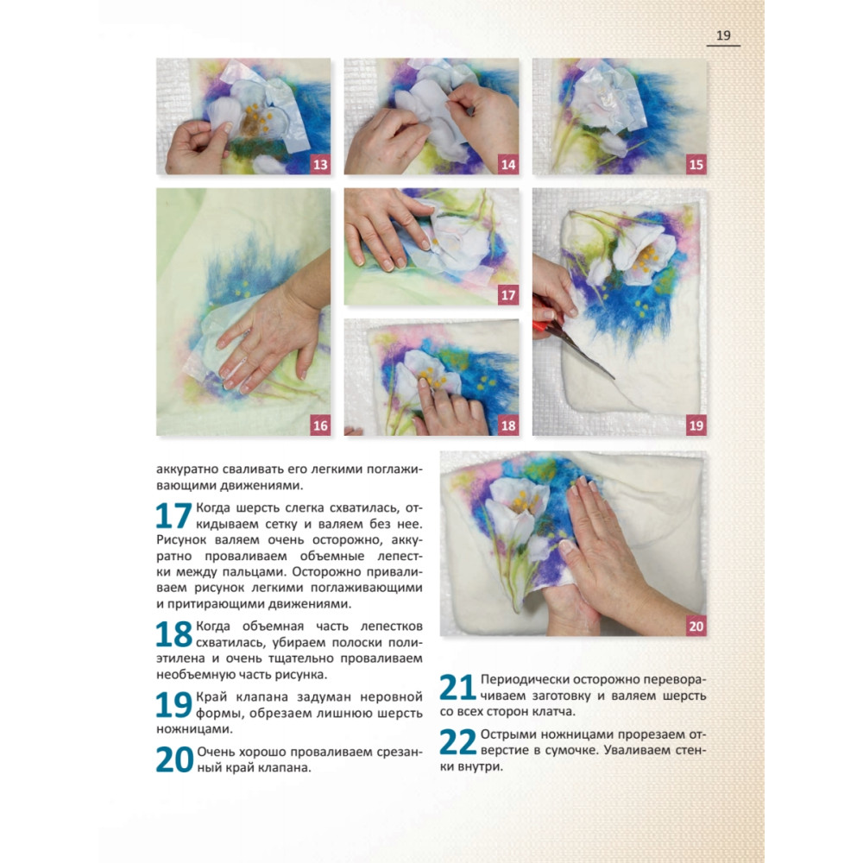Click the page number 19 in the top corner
pyautogui.click(x=723, y=35)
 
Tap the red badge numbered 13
pyautogui.click(x=320, y=164)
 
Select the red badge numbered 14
pyautogui.click(x=508, y=164)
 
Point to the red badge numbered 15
pyautogui.click(x=696, y=164)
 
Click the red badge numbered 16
pyautogui.click(x=320, y=425)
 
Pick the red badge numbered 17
pyautogui.click(x=508, y=295)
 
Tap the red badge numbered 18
pyautogui.click(x=508, y=425)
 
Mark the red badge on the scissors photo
pyautogui.click(x=696, y=425)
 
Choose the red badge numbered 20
pyautogui.click(x=696, y=626)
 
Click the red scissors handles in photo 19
pyautogui.click(x=544, y=318)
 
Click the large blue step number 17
pyautogui.click(x=173, y=516)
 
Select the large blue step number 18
pyautogui.click(x=173, y=634)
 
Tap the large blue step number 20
pyautogui.click(x=174, y=759)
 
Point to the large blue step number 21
pyautogui.click(x=457, y=688)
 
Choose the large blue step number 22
pyautogui.click(x=458, y=742)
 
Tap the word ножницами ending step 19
pyautogui.click(x=194, y=729)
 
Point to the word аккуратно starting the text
pyautogui.click(x=187, y=470)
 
